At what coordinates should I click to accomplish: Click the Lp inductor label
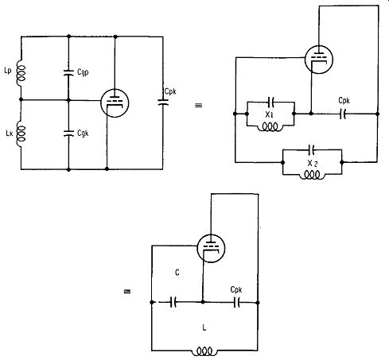[8, 71]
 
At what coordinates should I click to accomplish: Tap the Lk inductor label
[10, 133]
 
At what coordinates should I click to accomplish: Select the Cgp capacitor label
[83, 72]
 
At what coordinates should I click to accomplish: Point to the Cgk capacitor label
[83, 133]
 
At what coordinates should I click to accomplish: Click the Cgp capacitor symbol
[68, 72]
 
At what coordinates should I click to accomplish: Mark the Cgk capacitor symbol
[68, 134]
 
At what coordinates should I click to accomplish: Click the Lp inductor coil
[21, 73]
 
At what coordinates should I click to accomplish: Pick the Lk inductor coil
[21, 134]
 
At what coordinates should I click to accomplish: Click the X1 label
[270, 114]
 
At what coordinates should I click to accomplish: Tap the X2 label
[313, 164]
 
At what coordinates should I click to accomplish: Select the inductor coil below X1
[270, 127]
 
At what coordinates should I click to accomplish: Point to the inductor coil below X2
[312, 176]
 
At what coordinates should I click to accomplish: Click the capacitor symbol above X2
[312, 150]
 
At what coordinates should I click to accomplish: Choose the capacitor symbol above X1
[271, 102]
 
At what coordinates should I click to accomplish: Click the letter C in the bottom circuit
[177, 273]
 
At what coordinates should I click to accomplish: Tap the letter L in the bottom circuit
[204, 328]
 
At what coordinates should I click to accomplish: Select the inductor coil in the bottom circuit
[204, 351]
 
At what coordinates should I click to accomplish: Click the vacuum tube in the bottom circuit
[211, 248]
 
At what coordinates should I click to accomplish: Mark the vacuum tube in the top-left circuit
[115, 103]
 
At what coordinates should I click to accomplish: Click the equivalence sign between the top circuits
[198, 106]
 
